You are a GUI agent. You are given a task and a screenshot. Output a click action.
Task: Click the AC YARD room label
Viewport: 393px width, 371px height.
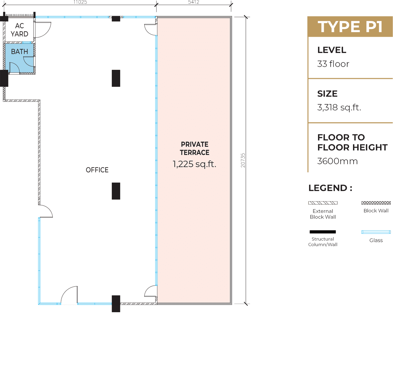coord(19,30)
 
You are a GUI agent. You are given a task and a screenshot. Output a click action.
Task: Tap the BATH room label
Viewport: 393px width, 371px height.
coord(19,52)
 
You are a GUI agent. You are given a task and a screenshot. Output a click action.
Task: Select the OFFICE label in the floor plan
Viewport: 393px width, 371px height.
coord(97,170)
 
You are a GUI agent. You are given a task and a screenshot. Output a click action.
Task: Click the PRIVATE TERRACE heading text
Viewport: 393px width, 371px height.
coord(195,148)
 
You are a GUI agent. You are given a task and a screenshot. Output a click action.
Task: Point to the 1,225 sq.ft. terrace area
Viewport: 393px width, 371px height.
coord(195,164)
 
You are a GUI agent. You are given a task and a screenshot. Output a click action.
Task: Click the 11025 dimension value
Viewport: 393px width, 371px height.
coord(80,2)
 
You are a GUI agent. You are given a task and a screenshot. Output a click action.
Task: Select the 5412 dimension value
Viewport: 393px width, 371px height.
coord(194,2)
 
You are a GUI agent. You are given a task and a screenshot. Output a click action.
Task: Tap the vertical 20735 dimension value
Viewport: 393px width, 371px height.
coord(243,160)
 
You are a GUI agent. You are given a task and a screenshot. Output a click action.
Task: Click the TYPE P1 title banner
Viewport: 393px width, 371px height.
coord(350,26)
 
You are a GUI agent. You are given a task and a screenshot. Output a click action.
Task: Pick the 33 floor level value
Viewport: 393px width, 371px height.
coord(333,64)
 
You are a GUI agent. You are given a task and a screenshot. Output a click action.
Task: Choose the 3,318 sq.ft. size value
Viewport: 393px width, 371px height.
coord(339,107)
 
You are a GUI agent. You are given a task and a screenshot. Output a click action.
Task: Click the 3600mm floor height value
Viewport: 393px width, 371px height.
coord(338,161)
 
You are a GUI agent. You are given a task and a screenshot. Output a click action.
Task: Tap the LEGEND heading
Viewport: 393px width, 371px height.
coord(330,188)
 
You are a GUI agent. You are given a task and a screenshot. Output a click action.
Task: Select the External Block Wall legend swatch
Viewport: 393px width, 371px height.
coord(323,203)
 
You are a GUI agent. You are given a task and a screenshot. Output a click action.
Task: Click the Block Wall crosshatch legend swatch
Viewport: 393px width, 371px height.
coord(376,203)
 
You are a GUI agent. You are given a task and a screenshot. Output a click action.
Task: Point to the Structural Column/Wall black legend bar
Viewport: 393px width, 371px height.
coord(322,232)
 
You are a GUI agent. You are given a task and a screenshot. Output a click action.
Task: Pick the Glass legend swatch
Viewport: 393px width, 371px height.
coord(376,232)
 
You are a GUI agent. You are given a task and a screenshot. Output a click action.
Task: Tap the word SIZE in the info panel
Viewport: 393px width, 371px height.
coord(327,94)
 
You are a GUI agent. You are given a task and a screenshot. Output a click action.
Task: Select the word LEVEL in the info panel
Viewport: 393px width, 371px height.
coord(332,50)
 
